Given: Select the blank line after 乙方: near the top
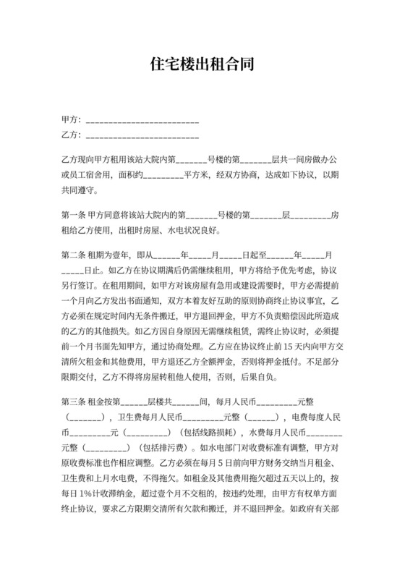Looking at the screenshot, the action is point(142,135).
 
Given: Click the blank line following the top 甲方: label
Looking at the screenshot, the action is point(142,119).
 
